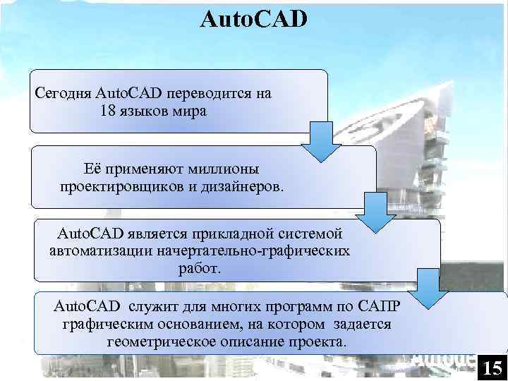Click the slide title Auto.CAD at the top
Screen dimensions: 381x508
coord(254,18)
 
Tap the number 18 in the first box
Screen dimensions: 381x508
coord(109,111)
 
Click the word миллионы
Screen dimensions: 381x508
coord(222,169)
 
